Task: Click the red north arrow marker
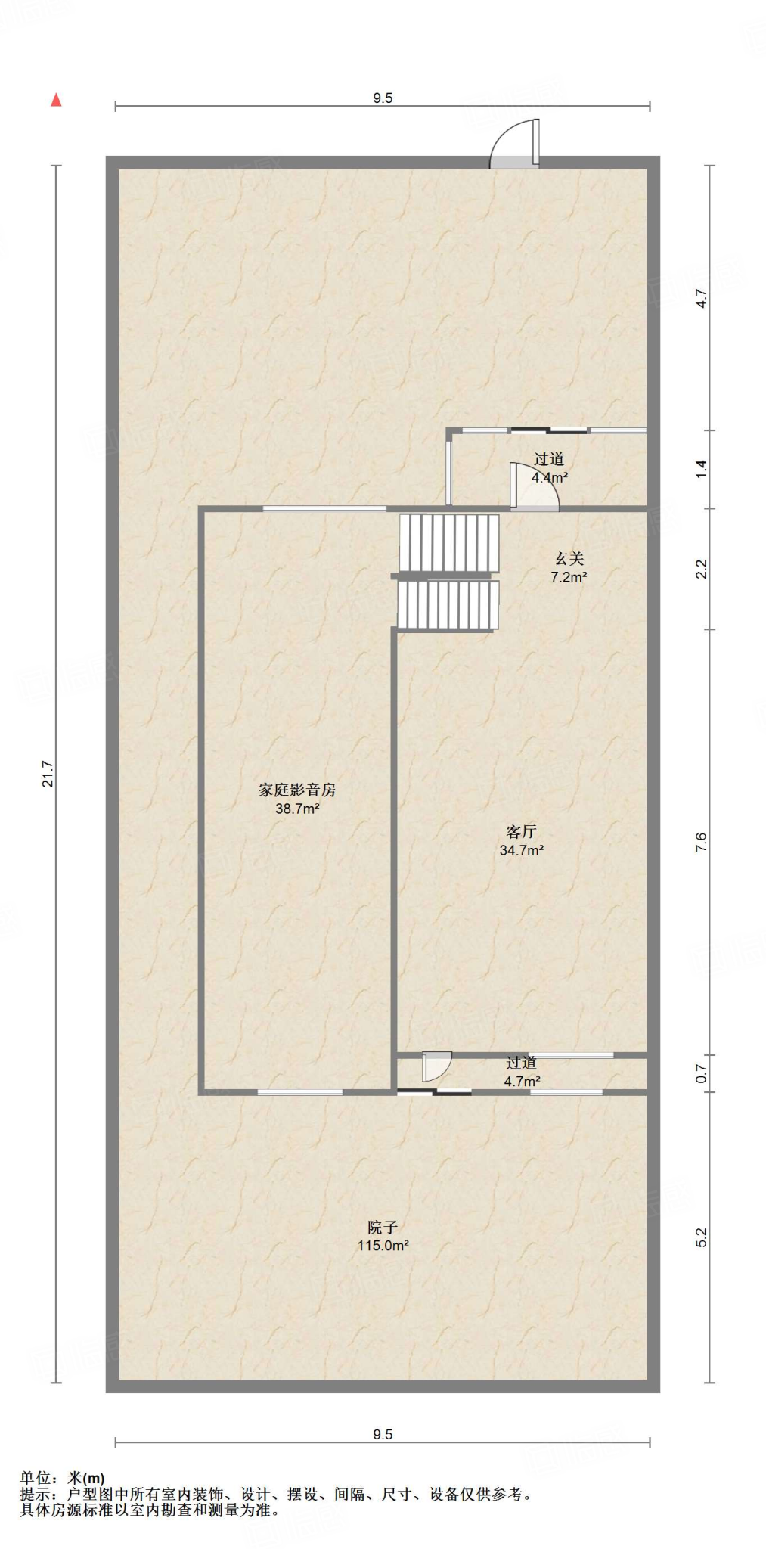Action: click(x=56, y=101)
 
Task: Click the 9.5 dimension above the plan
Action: click(x=383, y=98)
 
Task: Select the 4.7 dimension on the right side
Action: click(x=702, y=299)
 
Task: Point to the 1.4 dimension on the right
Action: click(x=702, y=469)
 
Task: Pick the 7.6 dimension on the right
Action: click(x=702, y=842)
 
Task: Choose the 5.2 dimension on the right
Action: click(x=702, y=1237)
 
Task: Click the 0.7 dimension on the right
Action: click(x=702, y=1073)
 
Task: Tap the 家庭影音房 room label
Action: click(x=296, y=790)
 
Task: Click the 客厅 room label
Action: click(x=521, y=832)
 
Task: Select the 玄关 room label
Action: click(x=569, y=559)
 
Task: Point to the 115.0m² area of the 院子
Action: click(x=383, y=1246)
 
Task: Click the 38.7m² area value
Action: click(x=296, y=809)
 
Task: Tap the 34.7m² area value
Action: click(x=521, y=850)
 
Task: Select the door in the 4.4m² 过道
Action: click(x=534, y=487)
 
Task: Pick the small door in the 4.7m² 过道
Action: click(x=436, y=1066)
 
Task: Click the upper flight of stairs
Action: click(x=449, y=542)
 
